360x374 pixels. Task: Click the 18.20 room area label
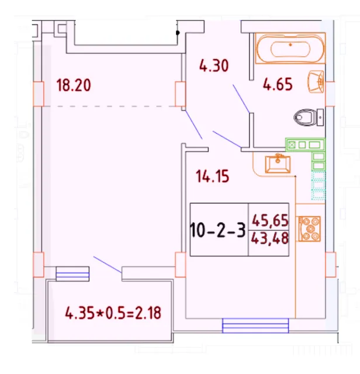74,85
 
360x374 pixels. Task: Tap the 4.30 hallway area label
214,65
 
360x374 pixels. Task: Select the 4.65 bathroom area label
278,84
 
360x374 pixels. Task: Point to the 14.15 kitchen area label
212,176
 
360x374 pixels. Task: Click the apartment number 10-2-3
218,230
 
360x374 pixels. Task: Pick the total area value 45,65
270,220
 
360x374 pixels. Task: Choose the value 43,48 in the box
270,238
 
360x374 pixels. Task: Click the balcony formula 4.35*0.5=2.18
113,313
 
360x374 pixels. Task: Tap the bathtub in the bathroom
290,49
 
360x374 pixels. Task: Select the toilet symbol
308,117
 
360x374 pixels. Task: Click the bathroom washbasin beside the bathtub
316,82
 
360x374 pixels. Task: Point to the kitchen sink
278,164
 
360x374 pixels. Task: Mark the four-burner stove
309,228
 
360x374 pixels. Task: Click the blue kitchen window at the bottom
255,325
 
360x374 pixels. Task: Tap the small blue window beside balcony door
72,274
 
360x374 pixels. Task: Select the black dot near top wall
178,33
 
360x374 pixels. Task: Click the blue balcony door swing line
108,265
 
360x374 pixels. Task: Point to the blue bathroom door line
241,99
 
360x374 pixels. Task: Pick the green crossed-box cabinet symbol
292,145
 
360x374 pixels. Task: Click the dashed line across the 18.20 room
109,106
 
